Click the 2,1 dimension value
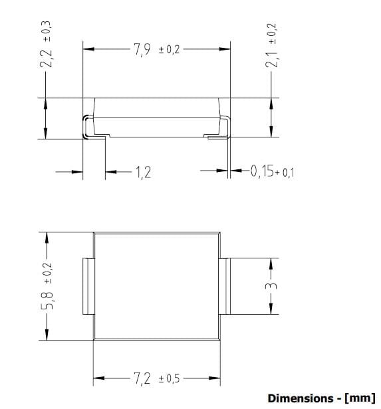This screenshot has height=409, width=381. click(271, 60)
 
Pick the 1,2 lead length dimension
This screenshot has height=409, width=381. click(143, 173)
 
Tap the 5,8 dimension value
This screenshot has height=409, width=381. click(47, 306)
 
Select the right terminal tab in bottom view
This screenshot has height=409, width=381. click(223, 287)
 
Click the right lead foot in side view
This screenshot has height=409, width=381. click(217, 137)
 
